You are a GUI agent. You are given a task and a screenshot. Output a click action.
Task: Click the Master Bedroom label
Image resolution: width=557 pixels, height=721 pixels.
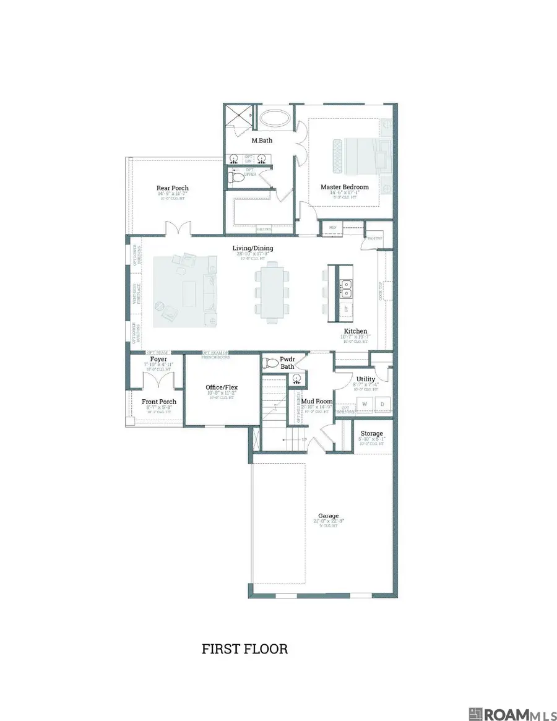(x=344, y=187)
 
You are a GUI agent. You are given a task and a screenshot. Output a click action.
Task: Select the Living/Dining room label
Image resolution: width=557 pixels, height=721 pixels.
(x=253, y=249)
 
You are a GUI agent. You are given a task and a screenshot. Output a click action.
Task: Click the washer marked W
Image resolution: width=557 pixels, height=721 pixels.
(x=364, y=404)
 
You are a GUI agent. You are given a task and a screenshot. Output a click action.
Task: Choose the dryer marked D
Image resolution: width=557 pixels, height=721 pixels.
(x=381, y=404)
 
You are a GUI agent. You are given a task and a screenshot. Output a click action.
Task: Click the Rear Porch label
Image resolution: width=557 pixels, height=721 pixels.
(x=173, y=188)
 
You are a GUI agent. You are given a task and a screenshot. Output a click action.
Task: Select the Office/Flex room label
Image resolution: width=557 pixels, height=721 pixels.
(x=222, y=387)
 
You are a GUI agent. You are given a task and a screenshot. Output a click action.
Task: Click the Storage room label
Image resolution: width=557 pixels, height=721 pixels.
(x=371, y=433)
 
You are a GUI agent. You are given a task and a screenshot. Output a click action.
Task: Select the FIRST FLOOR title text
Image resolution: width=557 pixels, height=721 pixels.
(x=244, y=649)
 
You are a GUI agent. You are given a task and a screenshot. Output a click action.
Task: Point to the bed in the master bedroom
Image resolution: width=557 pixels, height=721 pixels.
(x=357, y=155)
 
